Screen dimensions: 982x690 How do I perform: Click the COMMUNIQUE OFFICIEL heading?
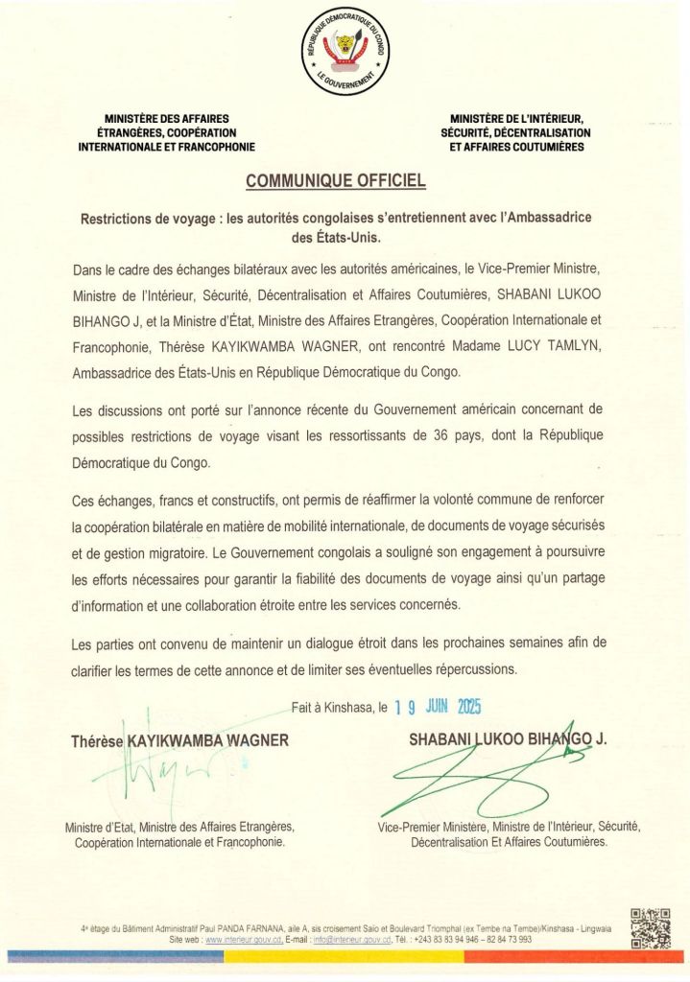pos(335,179)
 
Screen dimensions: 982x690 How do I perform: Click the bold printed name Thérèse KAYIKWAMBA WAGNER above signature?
pos(179,740)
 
